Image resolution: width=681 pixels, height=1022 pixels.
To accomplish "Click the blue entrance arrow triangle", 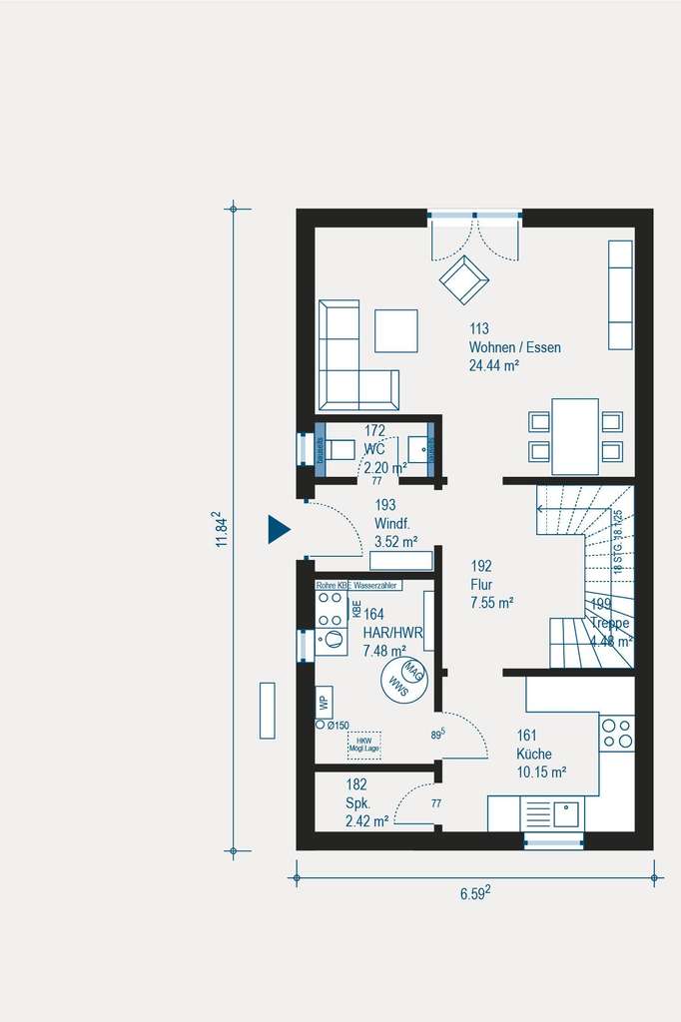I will (x=277, y=529).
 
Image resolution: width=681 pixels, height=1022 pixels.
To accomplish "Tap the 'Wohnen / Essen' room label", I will (x=514, y=348).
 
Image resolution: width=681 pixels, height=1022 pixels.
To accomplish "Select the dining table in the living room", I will (x=574, y=436).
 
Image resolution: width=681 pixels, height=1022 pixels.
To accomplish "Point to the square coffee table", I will (x=396, y=330).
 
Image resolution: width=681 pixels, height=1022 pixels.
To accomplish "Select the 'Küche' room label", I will (x=534, y=755).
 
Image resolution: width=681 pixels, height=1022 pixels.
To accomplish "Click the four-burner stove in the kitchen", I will (x=616, y=734).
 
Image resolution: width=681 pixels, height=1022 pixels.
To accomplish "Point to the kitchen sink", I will (x=566, y=814).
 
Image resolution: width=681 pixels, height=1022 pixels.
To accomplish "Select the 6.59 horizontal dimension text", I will (x=474, y=893).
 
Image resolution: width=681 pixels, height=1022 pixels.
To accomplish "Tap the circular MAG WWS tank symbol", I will (x=402, y=678).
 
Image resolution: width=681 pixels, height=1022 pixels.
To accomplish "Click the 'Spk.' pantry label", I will (x=358, y=803).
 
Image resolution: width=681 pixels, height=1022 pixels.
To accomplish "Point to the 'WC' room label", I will (x=374, y=449).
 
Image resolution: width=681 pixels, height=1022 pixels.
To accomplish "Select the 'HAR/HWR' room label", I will (x=394, y=633).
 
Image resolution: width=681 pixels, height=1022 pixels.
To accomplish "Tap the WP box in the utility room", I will (x=324, y=702).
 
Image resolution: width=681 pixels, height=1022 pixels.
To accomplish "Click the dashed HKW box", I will (x=362, y=743).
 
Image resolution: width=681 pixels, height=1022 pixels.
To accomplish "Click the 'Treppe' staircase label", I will (x=610, y=623).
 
